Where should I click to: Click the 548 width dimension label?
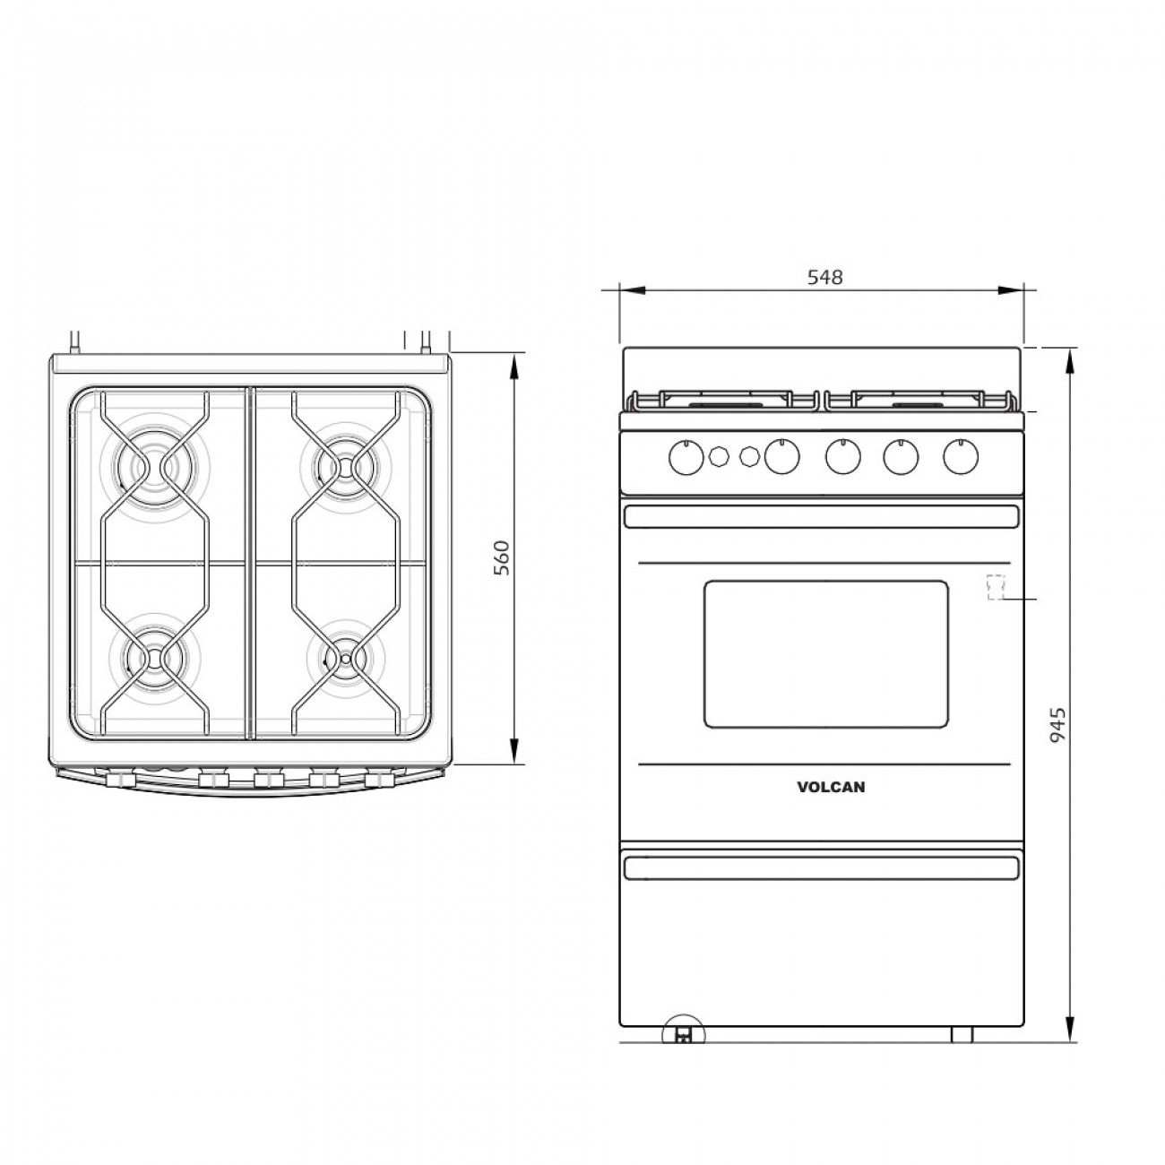[x=824, y=277]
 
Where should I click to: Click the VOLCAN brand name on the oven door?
[x=831, y=788]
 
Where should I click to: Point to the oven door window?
[x=825, y=653]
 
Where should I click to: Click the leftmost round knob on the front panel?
[x=686, y=458]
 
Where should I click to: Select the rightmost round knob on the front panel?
[x=960, y=458]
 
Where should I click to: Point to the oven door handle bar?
[x=820, y=517]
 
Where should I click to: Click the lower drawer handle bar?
[x=820, y=867]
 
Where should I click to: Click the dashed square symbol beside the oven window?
[x=994, y=586]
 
